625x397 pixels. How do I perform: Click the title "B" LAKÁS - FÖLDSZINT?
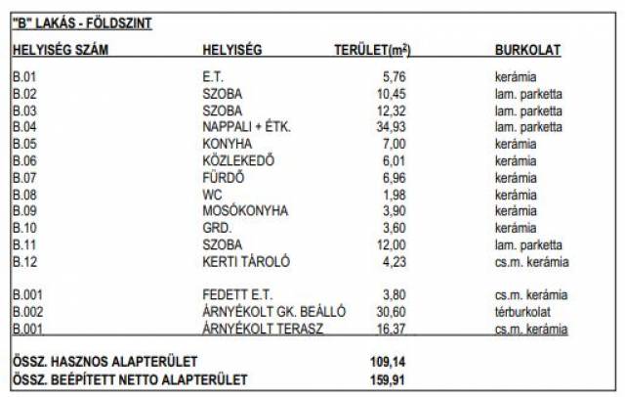(82, 22)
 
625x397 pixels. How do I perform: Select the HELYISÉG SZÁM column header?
(62, 50)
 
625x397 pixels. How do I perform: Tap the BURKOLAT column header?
(527, 50)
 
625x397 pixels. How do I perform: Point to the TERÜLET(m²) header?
(372, 50)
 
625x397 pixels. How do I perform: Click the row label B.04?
(23, 127)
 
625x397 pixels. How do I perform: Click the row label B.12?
(23, 261)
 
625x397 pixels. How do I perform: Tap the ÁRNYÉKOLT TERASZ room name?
(257, 329)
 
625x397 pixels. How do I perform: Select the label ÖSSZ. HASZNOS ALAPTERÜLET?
(104, 362)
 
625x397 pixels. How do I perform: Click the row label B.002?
(26, 312)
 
